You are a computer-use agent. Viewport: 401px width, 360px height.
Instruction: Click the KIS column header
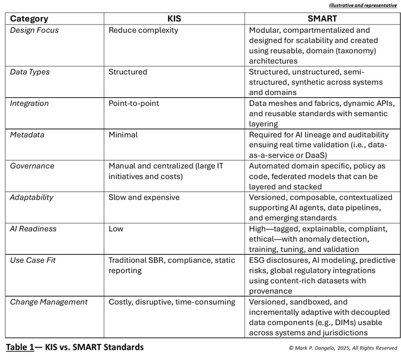173,19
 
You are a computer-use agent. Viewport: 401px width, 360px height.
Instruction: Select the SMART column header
322,19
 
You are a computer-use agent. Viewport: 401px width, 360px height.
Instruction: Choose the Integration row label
29,103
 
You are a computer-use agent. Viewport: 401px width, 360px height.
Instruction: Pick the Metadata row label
28,135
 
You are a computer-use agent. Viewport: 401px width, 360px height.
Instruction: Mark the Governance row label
32,166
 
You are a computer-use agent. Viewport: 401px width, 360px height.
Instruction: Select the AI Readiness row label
33,229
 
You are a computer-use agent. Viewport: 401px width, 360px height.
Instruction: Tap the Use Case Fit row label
33,260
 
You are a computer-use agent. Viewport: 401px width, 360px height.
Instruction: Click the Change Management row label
49,302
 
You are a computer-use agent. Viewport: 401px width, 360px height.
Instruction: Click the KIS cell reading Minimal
123,135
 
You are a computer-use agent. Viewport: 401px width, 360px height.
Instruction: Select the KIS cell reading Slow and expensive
144,198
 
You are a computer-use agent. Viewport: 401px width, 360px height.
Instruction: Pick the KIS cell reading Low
116,229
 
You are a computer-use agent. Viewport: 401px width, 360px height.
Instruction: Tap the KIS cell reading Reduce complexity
143,30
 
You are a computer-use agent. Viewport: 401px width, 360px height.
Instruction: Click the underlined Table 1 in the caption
23,347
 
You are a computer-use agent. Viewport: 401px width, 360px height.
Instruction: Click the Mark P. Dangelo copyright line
343,348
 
